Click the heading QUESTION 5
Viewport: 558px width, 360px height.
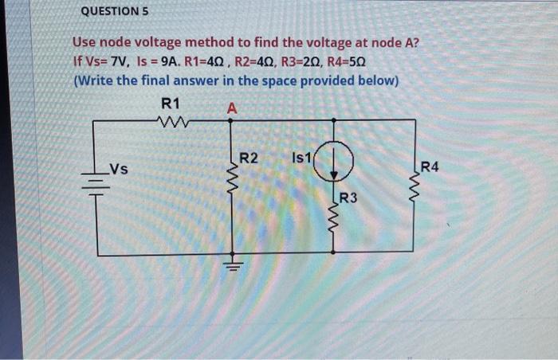tap(116, 13)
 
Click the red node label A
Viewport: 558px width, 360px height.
tap(231, 107)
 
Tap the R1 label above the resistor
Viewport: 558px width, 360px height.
tap(171, 104)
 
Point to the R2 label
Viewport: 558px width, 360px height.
tap(249, 158)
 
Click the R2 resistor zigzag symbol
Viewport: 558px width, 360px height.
tap(233, 187)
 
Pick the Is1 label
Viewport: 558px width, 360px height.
tap(304, 158)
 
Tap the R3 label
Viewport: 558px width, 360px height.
tap(348, 198)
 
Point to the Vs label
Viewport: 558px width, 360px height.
tap(119, 169)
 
